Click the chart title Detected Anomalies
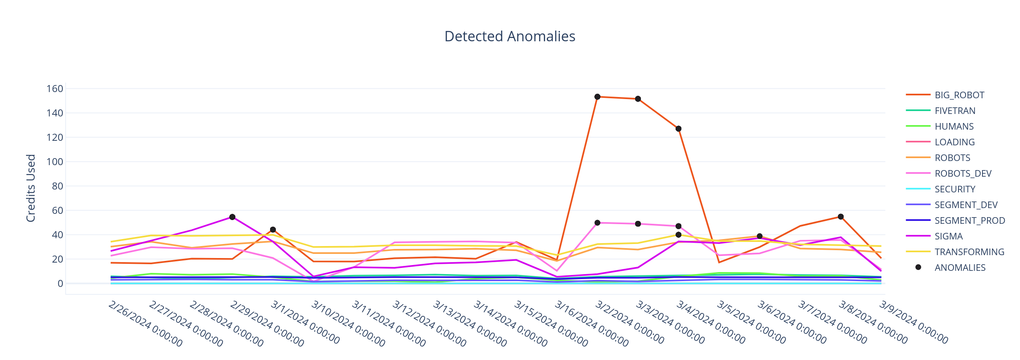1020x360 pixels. pos(510,36)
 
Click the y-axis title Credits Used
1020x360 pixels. pos(31,188)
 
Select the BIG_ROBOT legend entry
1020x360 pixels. pos(959,95)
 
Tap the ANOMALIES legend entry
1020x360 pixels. pos(960,268)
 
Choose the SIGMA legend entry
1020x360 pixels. pos(949,236)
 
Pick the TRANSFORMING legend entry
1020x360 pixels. pos(969,252)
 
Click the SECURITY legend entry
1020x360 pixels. pos(955,189)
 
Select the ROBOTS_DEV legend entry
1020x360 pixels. pos(963,173)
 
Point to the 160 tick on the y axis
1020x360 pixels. pos(55,89)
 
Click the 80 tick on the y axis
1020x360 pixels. pos(57,186)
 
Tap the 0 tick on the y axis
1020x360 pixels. pos(60,284)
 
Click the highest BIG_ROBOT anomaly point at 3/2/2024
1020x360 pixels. pos(597,97)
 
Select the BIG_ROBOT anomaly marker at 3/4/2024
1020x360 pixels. pos(678,129)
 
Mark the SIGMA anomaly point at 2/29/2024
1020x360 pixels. pos(232,217)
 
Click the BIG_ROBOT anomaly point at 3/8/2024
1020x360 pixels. pos(840,217)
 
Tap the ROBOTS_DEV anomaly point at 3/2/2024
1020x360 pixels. pos(597,223)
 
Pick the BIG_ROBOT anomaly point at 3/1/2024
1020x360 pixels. pos(273,230)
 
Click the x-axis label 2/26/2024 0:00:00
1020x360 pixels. pos(145,324)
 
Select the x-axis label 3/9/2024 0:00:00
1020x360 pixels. pos(913,322)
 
